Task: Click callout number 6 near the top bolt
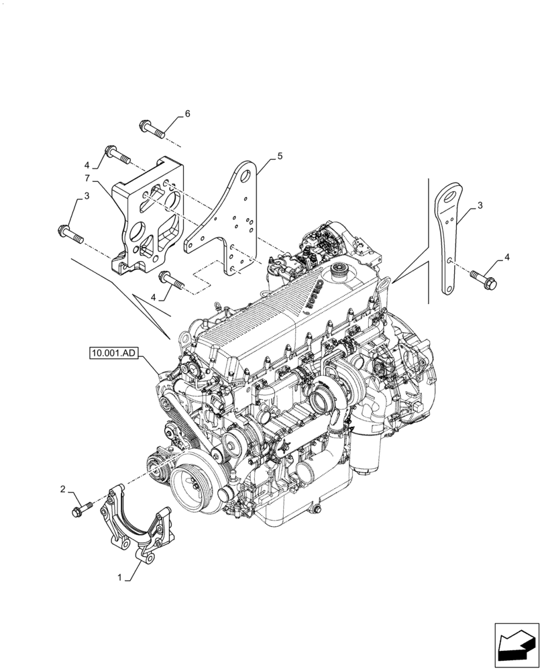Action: click(x=187, y=114)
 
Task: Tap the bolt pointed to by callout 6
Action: click(x=153, y=128)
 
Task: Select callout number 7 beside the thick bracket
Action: click(x=87, y=177)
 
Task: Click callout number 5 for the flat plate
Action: click(x=280, y=156)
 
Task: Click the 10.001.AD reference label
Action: click(x=111, y=351)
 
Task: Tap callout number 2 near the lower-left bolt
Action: click(x=63, y=490)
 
